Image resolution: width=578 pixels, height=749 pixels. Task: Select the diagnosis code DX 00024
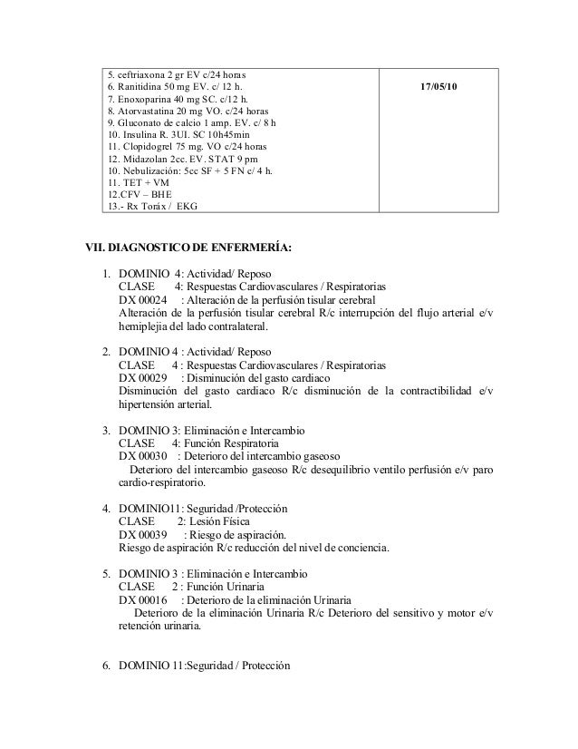pyautogui.click(x=142, y=301)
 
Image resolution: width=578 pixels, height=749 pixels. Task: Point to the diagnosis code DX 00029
pyautogui.click(x=142, y=377)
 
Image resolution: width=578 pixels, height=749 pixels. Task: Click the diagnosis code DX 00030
pyautogui.click(x=142, y=456)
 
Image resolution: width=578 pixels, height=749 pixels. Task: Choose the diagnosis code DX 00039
pyautogui.click(x=142, y=535)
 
